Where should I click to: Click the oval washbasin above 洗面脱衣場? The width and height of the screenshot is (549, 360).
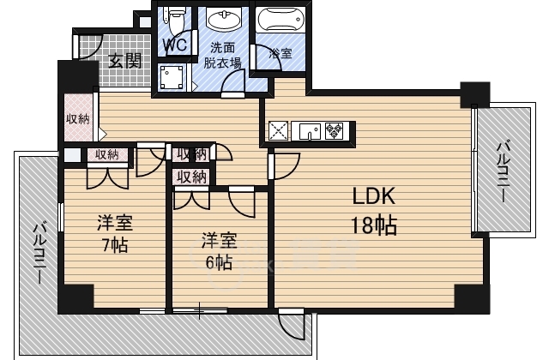(x=225, y=20)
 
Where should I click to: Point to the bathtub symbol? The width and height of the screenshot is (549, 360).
(x=282, y=21)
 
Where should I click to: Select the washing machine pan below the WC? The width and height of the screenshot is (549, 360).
(x=172, y=77)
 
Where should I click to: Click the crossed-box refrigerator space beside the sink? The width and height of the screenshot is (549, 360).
(x=279, y=131)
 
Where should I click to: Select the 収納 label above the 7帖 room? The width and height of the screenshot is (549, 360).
(x=106, y=154)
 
